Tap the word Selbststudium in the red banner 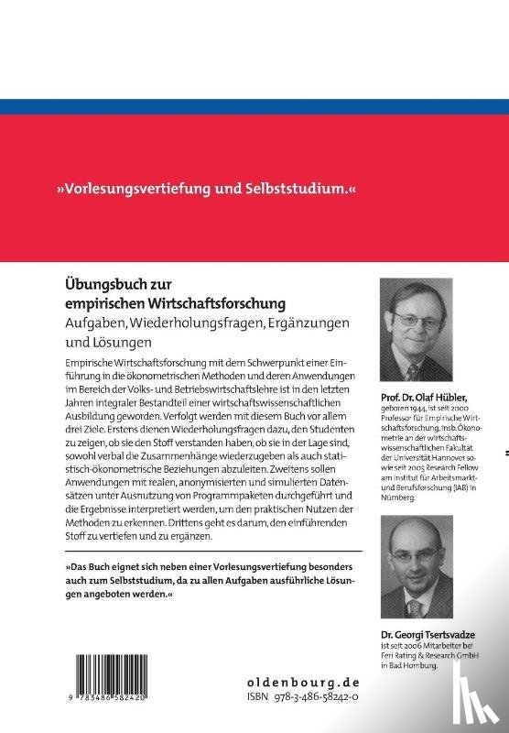click(x=298, y=191)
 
